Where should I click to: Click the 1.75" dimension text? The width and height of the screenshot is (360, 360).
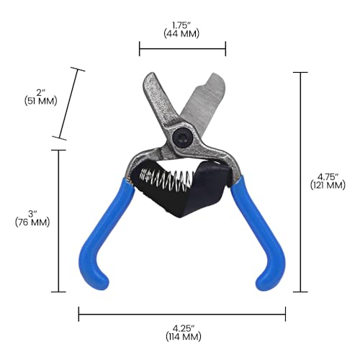pyautogui.click(x=181, y=25)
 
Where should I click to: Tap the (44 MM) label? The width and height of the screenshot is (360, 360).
pyautogui.click(x=181, y=34)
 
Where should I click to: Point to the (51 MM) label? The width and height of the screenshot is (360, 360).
pyautogui.click(x=41, y=101)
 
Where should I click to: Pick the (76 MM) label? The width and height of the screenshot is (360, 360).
pyautogui.click(x=32, y=222)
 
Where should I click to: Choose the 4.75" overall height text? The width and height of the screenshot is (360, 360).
pyautogui.click(x=328, y=177)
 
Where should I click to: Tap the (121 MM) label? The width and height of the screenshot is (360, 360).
pyautogui.click(x=328, y=185)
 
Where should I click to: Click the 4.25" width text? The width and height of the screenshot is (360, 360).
pyautogui.click(x=184, y=328)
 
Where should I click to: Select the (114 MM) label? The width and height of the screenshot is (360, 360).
pyautogui.click(x=184, y=336)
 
